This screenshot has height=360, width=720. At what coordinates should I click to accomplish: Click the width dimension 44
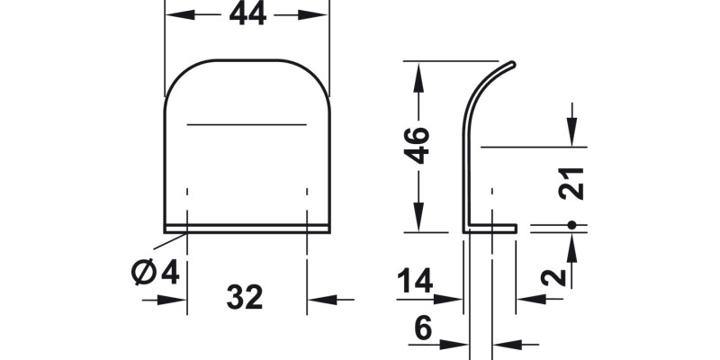[x=247, y=14]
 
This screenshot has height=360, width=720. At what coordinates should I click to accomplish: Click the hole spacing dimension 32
[x=245, y=297]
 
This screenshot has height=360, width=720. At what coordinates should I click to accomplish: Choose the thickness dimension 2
[x=558, y=275]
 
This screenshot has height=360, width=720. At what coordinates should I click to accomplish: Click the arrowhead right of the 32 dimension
[x=320, y=299]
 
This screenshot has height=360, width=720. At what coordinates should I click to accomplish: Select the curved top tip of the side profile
[x=511, y=65]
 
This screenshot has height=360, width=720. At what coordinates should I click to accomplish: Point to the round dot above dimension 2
[x=571, y=224]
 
